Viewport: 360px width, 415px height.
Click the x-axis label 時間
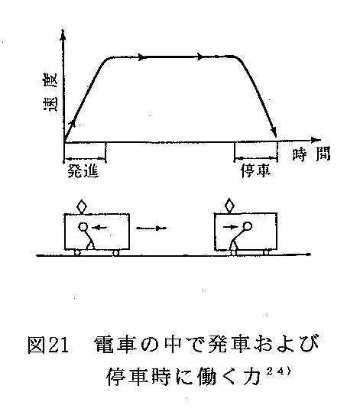click(311, 154)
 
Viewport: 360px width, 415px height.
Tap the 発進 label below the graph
click(83, 171)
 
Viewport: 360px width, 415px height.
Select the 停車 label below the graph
click(256, 171)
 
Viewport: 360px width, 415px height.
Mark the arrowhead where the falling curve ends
click(274, 131)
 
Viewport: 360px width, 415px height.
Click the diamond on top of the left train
click(82, 206)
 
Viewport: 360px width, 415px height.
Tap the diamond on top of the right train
click(229, 205)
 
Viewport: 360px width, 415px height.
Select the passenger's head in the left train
click(83, 227)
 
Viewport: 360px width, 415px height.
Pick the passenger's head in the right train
click(248, 226)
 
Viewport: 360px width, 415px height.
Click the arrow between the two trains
click(151, 228)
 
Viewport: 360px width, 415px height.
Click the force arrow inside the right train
click(231, 226)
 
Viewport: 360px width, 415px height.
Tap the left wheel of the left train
click(77, 253)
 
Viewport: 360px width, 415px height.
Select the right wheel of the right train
click(266, 252)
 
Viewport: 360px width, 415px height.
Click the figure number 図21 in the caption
click(48, 345)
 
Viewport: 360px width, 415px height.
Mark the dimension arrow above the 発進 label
click(85, 159)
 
